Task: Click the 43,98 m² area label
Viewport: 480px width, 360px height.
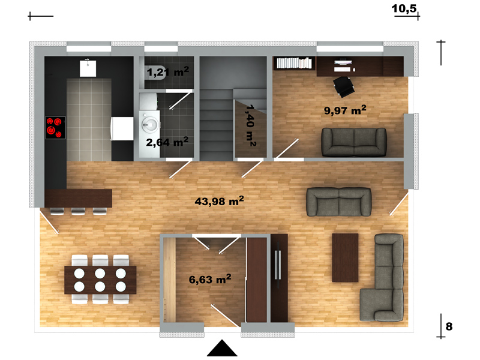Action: [219, 201]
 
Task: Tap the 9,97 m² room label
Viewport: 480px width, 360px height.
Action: [345, 110]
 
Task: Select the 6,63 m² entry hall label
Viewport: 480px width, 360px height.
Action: [209, 279]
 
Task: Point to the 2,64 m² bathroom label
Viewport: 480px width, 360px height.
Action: [167, 142]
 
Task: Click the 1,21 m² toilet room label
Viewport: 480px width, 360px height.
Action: [168, 72]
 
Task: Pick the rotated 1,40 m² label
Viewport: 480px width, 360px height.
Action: [251, 125]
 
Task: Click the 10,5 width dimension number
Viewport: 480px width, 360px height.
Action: [404, 8]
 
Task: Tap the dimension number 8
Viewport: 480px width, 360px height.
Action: [449, 326]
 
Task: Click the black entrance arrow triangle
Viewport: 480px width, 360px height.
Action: [222, 348]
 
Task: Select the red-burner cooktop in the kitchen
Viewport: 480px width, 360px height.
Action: [55, 128]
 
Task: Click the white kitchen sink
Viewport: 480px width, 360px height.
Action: [88, 68]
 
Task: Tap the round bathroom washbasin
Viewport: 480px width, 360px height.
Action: [149, 125]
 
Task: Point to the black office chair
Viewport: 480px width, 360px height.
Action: [344, 86]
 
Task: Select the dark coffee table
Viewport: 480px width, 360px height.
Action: [346, 258]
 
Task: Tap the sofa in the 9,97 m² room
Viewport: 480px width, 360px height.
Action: [354, 142]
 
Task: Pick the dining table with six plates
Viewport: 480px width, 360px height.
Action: [100, 280]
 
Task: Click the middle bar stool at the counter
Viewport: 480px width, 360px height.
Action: [78, 211]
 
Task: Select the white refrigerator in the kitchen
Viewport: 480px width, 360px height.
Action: [122, 128]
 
